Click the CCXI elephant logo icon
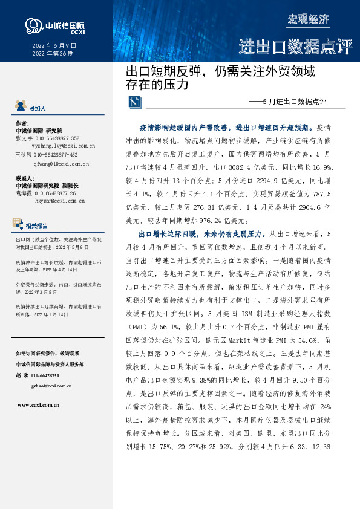click(33, 25)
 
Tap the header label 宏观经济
click(307, 19)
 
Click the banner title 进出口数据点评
click(295, 47)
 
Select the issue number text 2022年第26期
click(52, 54)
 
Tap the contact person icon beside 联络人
click(22, 108)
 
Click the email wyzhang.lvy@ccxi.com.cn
click(64, 146)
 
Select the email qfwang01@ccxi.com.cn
click(62, 163)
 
